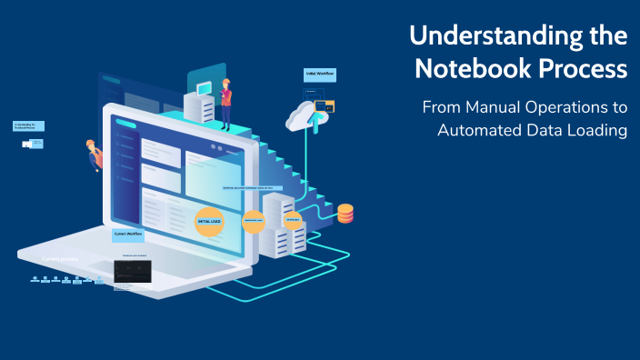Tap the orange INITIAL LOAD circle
(x=210, y=221)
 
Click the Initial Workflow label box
(x=317, y=74)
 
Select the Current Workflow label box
(x=128, y=234)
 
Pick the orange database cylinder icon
(x=345, y=214)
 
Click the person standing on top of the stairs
(x=225, y=102)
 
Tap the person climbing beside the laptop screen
(x=93, y=155)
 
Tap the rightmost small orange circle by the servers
(x=293, y=221)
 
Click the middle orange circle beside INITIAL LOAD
(x=253, y=222)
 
